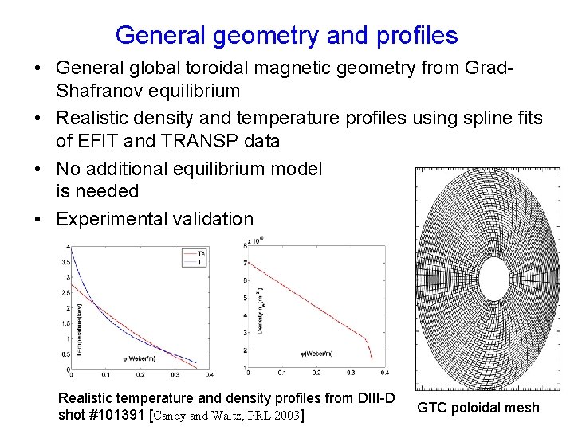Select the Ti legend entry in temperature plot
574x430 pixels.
[x=195, y=261]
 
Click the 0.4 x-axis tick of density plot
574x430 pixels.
[x=384, y=373]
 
